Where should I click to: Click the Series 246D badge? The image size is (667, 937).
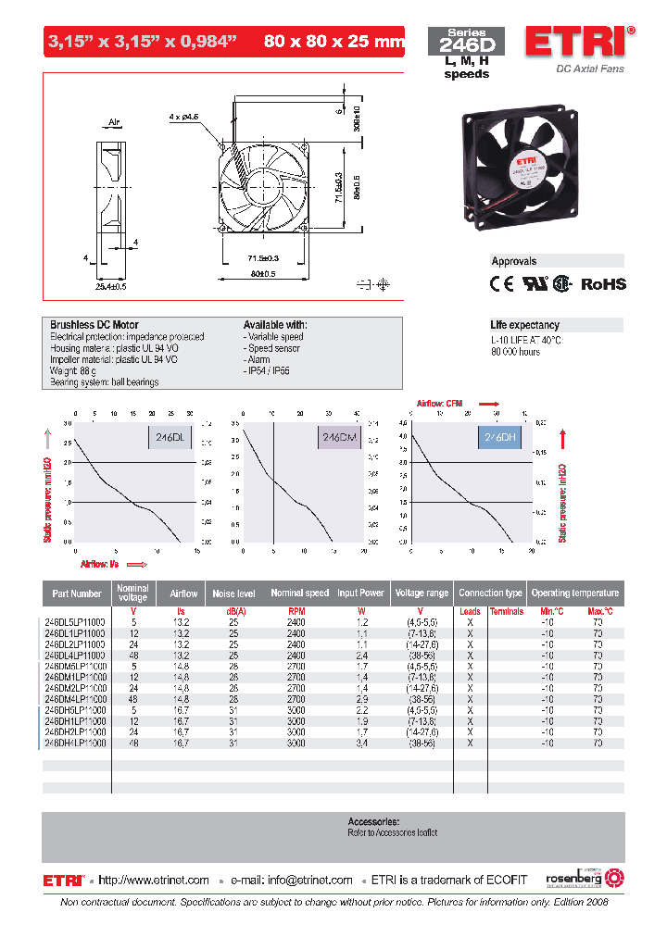[466, 40]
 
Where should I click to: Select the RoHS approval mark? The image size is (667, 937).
[603, 284]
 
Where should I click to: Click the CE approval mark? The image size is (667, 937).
[501, 284]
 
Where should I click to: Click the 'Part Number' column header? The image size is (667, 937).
[77, 593]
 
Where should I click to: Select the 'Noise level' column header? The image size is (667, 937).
[233, 593]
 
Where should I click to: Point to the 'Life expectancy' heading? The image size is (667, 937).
[524, 325]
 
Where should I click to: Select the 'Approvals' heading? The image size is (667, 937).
[514, 261]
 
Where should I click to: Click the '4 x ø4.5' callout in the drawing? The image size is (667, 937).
[185, 118]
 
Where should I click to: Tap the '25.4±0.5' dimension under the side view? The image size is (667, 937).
[110, 286]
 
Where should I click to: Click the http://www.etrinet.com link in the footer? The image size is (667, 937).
[153, 880]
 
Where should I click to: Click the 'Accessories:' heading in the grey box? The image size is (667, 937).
[373, 821]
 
